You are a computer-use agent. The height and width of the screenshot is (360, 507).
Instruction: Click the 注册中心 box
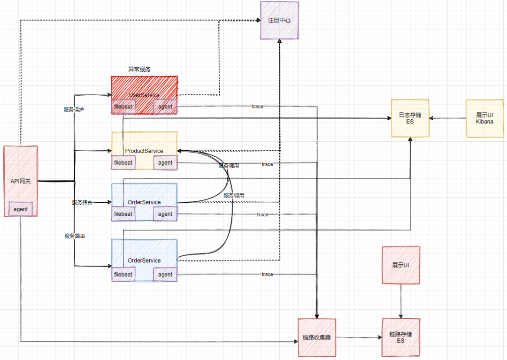coord(280,20)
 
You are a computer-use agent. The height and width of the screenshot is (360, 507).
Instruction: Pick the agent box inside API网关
coord(21,209)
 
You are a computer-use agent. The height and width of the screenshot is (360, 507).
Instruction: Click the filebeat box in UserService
coord(123,107)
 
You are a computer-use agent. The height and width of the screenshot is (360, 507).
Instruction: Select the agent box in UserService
coord(165,107)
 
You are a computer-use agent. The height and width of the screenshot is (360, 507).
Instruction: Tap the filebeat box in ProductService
coord(123,163)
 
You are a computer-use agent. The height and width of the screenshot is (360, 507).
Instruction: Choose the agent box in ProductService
coord(165,163)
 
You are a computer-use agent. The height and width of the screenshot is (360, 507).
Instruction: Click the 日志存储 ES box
coord(410,118)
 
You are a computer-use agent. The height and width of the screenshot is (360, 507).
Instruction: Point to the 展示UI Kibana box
coord(484,118)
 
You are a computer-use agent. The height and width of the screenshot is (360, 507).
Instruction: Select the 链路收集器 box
coord(317,337)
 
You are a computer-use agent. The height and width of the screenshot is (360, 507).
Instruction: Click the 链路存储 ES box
coord(400,337)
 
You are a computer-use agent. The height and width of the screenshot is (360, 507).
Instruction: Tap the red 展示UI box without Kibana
coord(400,265)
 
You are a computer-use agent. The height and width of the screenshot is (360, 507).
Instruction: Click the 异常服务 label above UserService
coord(139,69)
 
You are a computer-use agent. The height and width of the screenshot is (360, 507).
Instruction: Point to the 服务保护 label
coord(74,109)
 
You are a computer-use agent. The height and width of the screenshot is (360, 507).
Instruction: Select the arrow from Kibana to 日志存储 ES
coord(447,118)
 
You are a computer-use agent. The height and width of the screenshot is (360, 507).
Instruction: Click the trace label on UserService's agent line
coord(257,107)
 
